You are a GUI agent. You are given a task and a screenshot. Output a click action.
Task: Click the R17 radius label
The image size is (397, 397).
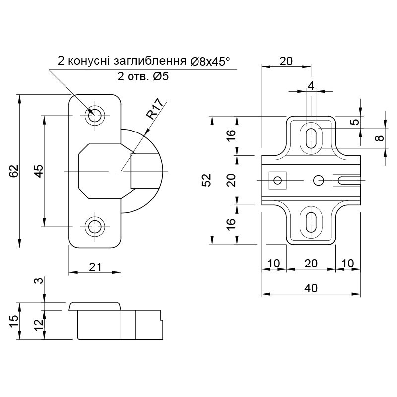[x=155, y=109]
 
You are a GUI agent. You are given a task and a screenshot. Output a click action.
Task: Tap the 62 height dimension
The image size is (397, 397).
[x=15, y=171]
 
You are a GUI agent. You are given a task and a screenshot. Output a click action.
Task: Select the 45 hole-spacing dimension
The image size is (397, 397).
[x=39, y=171]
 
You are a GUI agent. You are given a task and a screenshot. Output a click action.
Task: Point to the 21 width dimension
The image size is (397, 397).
[x=95, y=267]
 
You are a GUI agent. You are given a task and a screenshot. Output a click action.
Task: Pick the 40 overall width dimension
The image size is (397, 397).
[x=311, y=288]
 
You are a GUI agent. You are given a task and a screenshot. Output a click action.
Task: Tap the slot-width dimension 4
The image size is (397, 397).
[x=311, y=86]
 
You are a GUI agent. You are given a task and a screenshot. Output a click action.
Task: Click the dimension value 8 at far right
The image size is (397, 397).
[x=380, y=138]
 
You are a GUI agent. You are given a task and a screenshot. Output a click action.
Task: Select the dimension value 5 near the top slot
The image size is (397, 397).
[x=356, y=122]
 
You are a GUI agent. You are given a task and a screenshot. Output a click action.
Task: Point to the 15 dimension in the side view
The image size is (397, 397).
[x=14, y=321]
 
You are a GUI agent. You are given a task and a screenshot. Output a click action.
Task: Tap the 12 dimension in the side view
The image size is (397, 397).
[x=38, y=325]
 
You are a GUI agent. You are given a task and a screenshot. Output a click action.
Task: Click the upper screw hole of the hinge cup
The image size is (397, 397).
[x=95, y=116]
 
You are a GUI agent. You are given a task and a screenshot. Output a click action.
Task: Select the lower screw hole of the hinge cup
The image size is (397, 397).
[x=95, y=226]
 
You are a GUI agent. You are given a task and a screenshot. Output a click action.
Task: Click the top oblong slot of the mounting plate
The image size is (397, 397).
[x=311, y=138]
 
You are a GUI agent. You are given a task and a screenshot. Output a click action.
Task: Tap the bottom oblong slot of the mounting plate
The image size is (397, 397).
[x=311, y=222]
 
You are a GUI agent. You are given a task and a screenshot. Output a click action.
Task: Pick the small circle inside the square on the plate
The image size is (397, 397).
[x=278, y=181]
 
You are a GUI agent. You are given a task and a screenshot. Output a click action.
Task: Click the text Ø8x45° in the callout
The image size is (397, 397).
[x=210, y=61]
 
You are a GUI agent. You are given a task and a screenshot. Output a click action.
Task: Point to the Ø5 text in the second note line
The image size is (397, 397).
[x=160, y=76]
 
